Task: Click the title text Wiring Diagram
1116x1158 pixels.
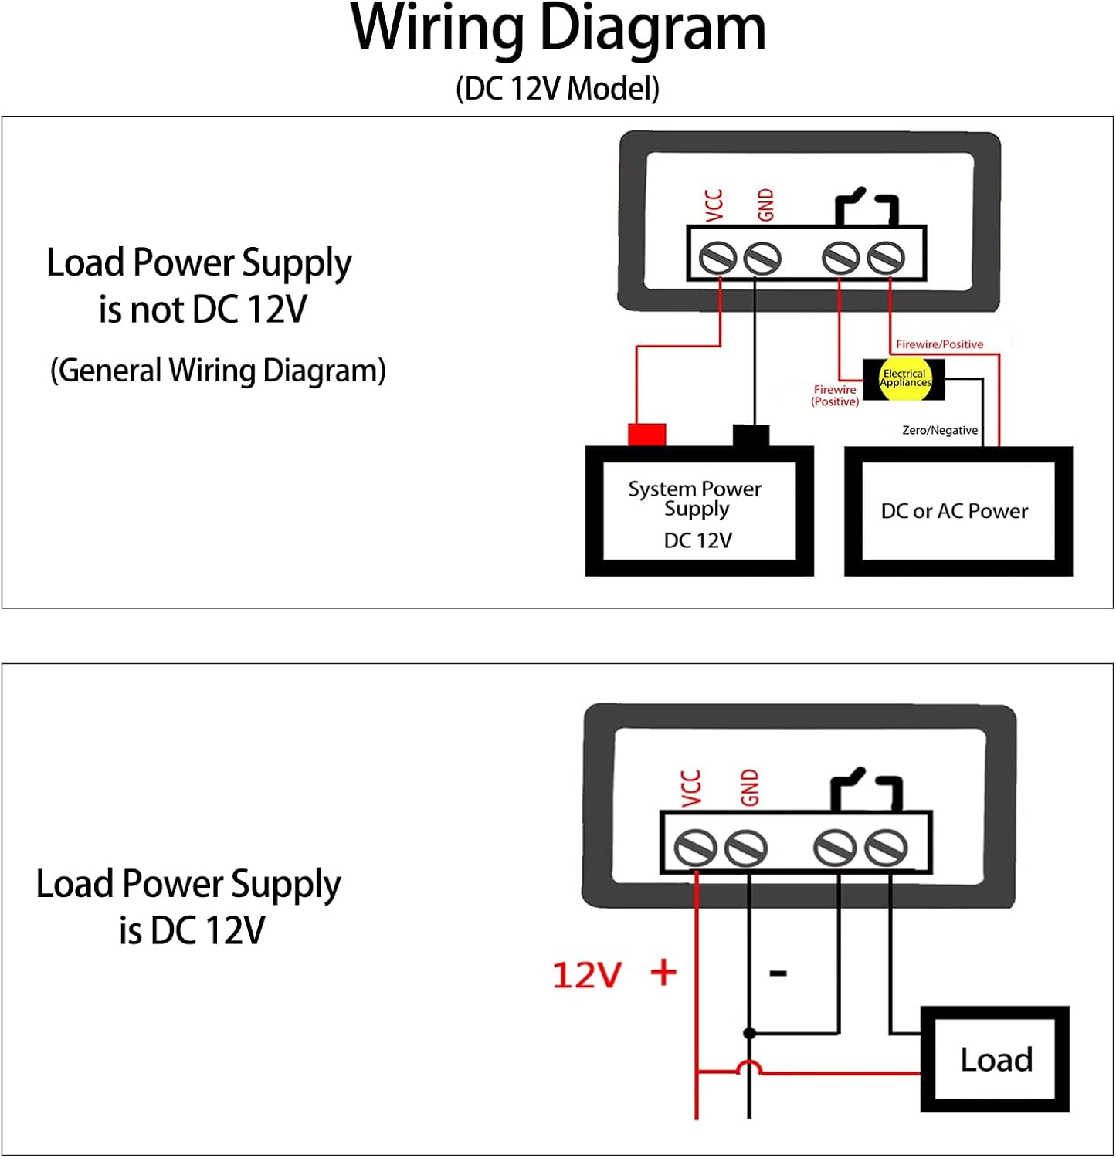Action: [x=558, y=29]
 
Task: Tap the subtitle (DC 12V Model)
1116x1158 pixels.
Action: [x=558, y=89]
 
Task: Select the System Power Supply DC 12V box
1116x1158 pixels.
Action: [x=699, y=512]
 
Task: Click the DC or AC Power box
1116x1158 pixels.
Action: [x=958, y=511]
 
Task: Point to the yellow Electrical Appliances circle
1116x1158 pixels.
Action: [x=905, y=379]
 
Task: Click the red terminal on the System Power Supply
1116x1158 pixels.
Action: [x=647, y=435]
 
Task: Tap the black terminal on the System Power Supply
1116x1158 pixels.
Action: [x=751, y=435]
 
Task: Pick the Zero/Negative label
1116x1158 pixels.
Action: [x=939, y=430]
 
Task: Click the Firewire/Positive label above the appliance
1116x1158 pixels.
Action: [x=939, y=344]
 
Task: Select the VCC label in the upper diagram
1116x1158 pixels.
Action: [x=714, y=205]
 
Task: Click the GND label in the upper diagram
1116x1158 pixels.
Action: [x=765, y=205]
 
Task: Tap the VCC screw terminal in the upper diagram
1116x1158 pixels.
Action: [x=717, y=258]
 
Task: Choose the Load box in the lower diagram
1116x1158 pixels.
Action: [x=995, y=1059]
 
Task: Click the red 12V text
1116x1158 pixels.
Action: [x=587, y=975]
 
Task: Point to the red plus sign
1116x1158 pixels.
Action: [x=663, y=972]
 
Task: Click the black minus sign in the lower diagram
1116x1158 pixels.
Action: [x=778, y=973]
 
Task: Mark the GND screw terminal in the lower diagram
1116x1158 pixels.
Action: [x=746, y=848]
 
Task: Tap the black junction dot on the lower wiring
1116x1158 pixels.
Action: [x=749, y=1033]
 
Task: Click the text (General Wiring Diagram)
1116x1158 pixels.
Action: [x=218, y=371]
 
